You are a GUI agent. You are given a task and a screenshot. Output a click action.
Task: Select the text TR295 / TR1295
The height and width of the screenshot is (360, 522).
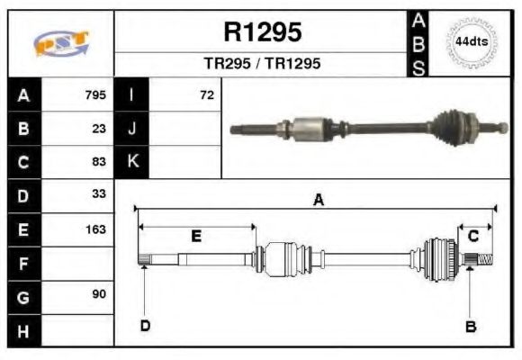(261, 65)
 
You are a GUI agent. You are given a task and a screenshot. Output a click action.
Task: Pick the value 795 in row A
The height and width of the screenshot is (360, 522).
(95, 94)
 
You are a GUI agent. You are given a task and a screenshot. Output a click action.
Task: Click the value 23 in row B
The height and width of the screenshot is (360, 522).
(99, 128)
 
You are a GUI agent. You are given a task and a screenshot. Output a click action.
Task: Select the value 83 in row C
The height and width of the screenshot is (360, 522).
(99, 162)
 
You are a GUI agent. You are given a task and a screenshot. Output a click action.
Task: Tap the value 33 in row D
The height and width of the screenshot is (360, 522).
(99, 194)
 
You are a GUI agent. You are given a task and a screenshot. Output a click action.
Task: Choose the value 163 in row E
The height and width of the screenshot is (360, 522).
(95, 229)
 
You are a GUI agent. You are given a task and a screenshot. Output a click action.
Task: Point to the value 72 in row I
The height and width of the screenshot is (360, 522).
(207, 94)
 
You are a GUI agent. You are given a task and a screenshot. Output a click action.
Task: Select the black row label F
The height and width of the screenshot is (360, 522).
(23, 263)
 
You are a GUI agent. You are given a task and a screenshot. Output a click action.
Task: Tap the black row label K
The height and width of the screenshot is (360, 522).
(132, 162)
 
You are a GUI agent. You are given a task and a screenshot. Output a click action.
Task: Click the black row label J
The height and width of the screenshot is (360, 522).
(132, 128)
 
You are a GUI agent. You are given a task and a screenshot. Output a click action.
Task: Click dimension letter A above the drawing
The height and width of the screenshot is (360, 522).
(318, 201)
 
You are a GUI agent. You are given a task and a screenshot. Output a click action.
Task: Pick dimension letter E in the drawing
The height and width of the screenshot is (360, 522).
(195, 236)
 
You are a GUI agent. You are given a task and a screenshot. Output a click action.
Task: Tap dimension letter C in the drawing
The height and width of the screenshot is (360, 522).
(472, 236)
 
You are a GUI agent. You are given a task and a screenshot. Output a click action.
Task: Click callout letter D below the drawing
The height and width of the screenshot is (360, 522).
(144, 325)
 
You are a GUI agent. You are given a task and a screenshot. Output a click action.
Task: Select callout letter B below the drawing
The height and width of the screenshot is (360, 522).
(470, 326)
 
